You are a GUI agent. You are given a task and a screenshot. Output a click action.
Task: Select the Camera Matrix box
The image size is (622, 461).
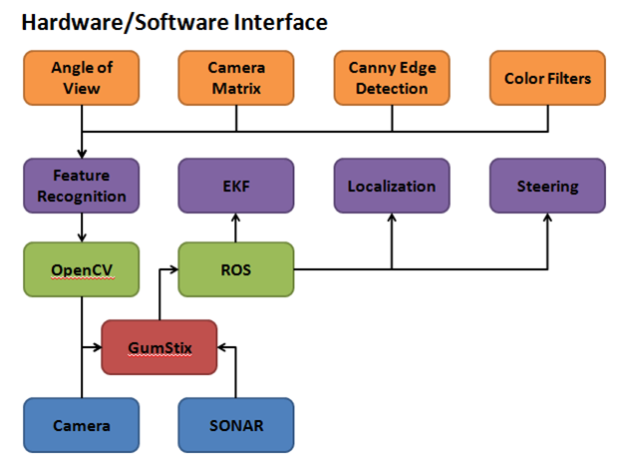click(x=236, y=79)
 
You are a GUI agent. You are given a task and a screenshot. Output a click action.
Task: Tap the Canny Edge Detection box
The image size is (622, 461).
click(x=392, y=79)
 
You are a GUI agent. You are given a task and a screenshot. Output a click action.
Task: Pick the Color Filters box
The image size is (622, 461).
click(x=547, y=79)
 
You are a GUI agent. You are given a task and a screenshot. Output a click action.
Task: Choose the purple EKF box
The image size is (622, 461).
click(x=236, y=186)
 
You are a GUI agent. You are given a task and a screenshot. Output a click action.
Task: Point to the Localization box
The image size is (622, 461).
click(x=392, y=186)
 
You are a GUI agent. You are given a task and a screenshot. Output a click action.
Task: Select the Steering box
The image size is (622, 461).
click(x=547, y=186)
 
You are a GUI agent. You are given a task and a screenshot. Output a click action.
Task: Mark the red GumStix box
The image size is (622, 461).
click(x=159, y=347)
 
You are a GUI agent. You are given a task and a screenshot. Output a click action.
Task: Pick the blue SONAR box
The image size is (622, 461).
click(x=236, y=425)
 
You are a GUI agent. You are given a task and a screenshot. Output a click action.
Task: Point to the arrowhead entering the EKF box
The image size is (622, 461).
click(x=236, y=219)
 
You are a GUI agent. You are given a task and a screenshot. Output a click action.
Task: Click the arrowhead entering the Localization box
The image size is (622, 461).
click(x=392, y=219)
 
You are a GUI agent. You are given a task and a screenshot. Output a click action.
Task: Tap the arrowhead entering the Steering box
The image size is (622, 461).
click(x=547, y=219)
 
